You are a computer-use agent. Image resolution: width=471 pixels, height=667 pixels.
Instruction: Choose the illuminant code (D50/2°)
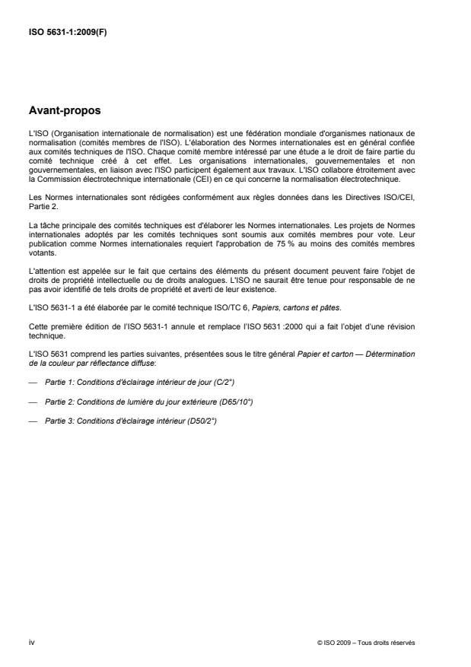(x=201, y=421)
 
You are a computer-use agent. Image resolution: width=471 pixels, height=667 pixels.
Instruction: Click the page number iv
(x=31, y=642)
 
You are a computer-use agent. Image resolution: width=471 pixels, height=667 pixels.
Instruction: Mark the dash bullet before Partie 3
(x=32, y=421)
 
